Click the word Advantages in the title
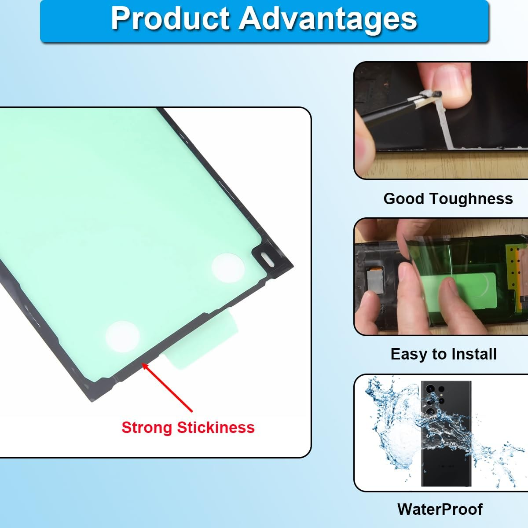coord(328,18)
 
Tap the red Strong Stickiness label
coord(188,427)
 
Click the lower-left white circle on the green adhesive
coord(122,337)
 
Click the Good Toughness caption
coord(448,198)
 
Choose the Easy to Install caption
coord(444,354)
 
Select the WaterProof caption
coord(440,509)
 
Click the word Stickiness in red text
coord(216,427)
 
